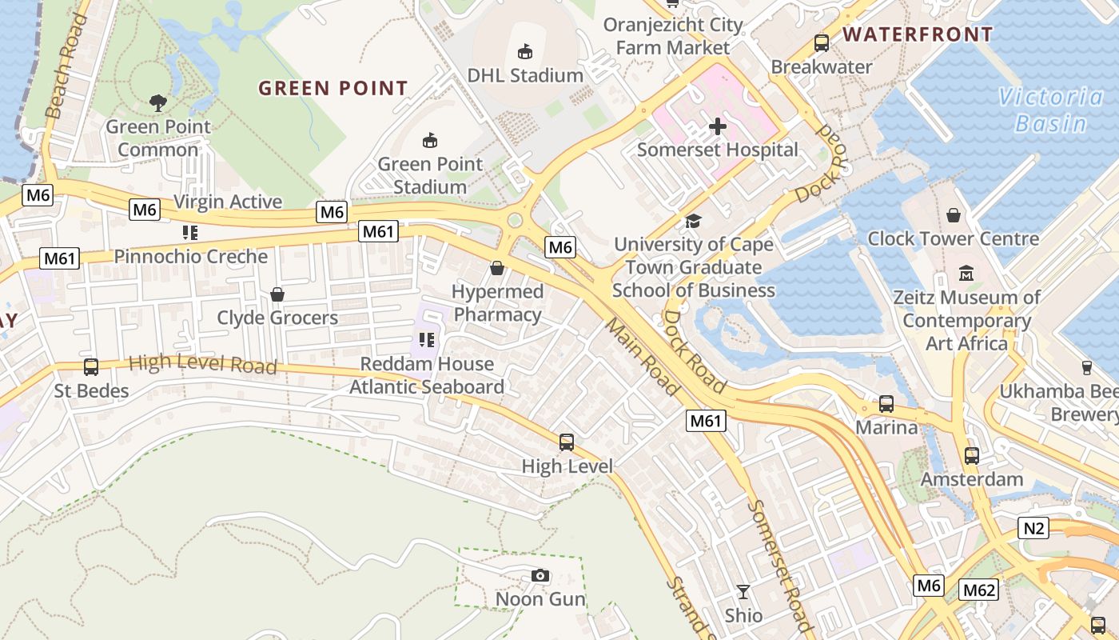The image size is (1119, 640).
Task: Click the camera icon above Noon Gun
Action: [540, 576]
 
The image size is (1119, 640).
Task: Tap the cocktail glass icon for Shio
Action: [743, 592]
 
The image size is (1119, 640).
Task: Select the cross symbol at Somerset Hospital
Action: [718, 126]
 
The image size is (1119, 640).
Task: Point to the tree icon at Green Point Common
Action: [158, 102]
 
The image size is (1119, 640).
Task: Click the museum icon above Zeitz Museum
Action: [966, 274]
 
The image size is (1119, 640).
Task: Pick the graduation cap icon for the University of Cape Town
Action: [693, 221]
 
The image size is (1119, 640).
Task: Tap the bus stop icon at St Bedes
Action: [91, 367]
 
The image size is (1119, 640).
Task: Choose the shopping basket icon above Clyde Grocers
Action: [277, 294]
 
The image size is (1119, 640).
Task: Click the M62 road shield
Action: [979, 590]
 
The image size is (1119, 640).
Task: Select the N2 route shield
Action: [1033, 528]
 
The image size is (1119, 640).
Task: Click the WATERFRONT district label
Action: [918, 34]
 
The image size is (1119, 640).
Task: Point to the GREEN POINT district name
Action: [333, 88]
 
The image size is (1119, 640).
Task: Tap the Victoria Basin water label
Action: [1050, 110]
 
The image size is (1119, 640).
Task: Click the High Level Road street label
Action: [202, 365]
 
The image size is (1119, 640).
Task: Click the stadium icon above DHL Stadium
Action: [525, 52]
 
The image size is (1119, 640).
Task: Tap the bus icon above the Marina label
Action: [886, 404]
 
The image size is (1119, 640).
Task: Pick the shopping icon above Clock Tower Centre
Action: [953, 215]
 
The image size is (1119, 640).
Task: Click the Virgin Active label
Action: [228, 202]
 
